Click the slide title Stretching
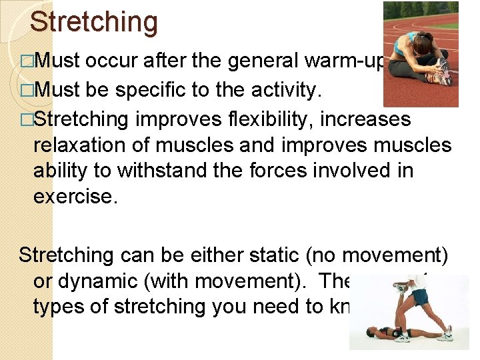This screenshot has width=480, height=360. [x=94, y=21]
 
